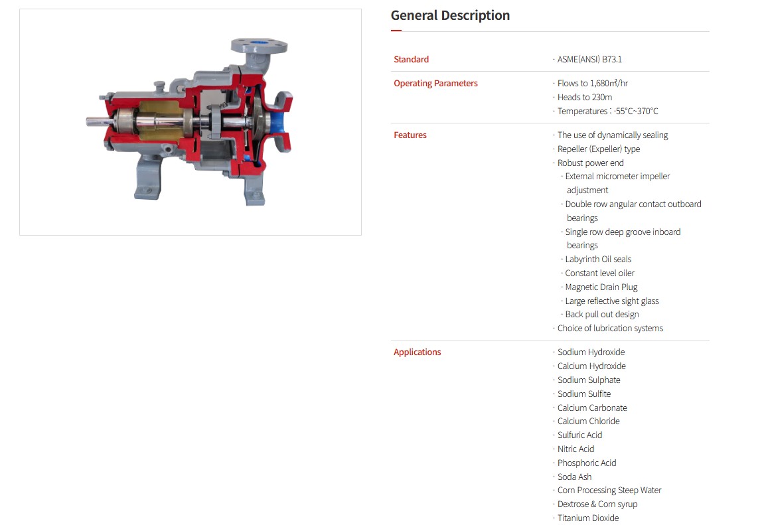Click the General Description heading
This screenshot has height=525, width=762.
point(450,15)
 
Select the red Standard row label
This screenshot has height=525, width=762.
point(411,59)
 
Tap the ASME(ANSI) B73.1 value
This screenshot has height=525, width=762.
point(589,59)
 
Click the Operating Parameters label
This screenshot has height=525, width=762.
point(435,83)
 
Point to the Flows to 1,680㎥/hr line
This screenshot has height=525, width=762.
point(592,83)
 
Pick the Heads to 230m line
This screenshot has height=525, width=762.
point(585,97)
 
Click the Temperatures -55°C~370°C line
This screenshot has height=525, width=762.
point(607,112)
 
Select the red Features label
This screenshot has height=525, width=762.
point(410,135)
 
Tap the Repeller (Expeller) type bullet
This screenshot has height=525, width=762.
point(598,149)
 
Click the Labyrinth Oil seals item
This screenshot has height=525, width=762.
point(598,259)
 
